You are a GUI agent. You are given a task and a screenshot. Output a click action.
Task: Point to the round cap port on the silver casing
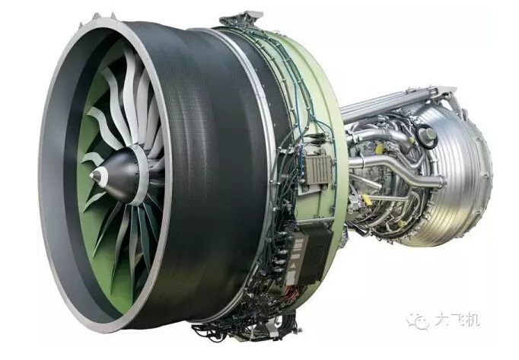pyautogui.click(x=428, y=135)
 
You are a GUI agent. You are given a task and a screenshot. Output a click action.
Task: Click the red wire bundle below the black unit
pyautogui.click(x=294, y=292)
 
